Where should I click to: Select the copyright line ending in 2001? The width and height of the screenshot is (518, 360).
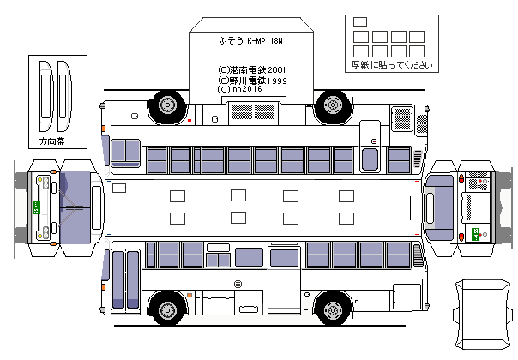tap(251, 69)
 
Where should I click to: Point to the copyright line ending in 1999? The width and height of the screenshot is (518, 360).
tap(252, 80)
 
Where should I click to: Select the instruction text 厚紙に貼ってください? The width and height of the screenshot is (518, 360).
tap(391, 65)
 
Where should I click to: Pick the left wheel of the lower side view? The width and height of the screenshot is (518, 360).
tap(168, 309)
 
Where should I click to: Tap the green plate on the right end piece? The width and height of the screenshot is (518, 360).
tap(473, 233)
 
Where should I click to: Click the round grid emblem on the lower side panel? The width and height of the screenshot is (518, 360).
tap(238, 284)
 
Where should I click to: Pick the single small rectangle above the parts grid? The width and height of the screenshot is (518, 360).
tap(359, 21)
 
